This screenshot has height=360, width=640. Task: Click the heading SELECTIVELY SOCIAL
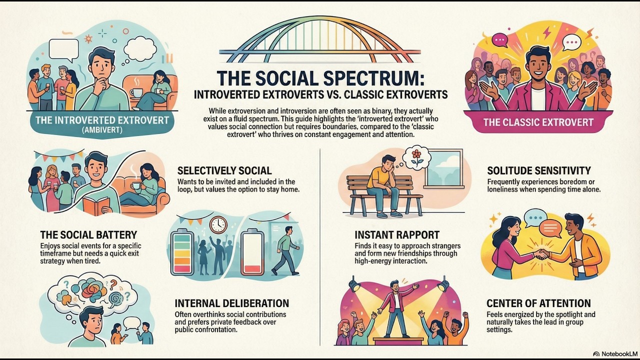[x=224, y=170]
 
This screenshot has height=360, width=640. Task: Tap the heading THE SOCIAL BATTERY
[x=88, y=235]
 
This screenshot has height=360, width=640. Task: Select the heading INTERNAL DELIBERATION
[x=231, y=303]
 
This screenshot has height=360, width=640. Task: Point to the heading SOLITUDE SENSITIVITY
[x=539, y=170]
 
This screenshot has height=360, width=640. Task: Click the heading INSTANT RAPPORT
[x=397, y=235]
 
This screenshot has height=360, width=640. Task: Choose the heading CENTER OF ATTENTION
[x=538, y=303]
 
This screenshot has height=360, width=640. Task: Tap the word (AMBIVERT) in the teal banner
[x=102, y=130]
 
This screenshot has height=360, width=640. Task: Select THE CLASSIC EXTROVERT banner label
[x=538, y=122]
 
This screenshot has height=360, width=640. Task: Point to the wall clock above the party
[x=218, y=225]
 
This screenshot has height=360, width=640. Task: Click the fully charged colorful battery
[x=182, y=251]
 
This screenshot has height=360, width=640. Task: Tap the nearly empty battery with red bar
[x=252, y=251]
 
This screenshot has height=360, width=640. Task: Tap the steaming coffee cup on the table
[x=136, y=92]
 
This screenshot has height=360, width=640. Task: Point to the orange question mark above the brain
[x=113, y=284]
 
